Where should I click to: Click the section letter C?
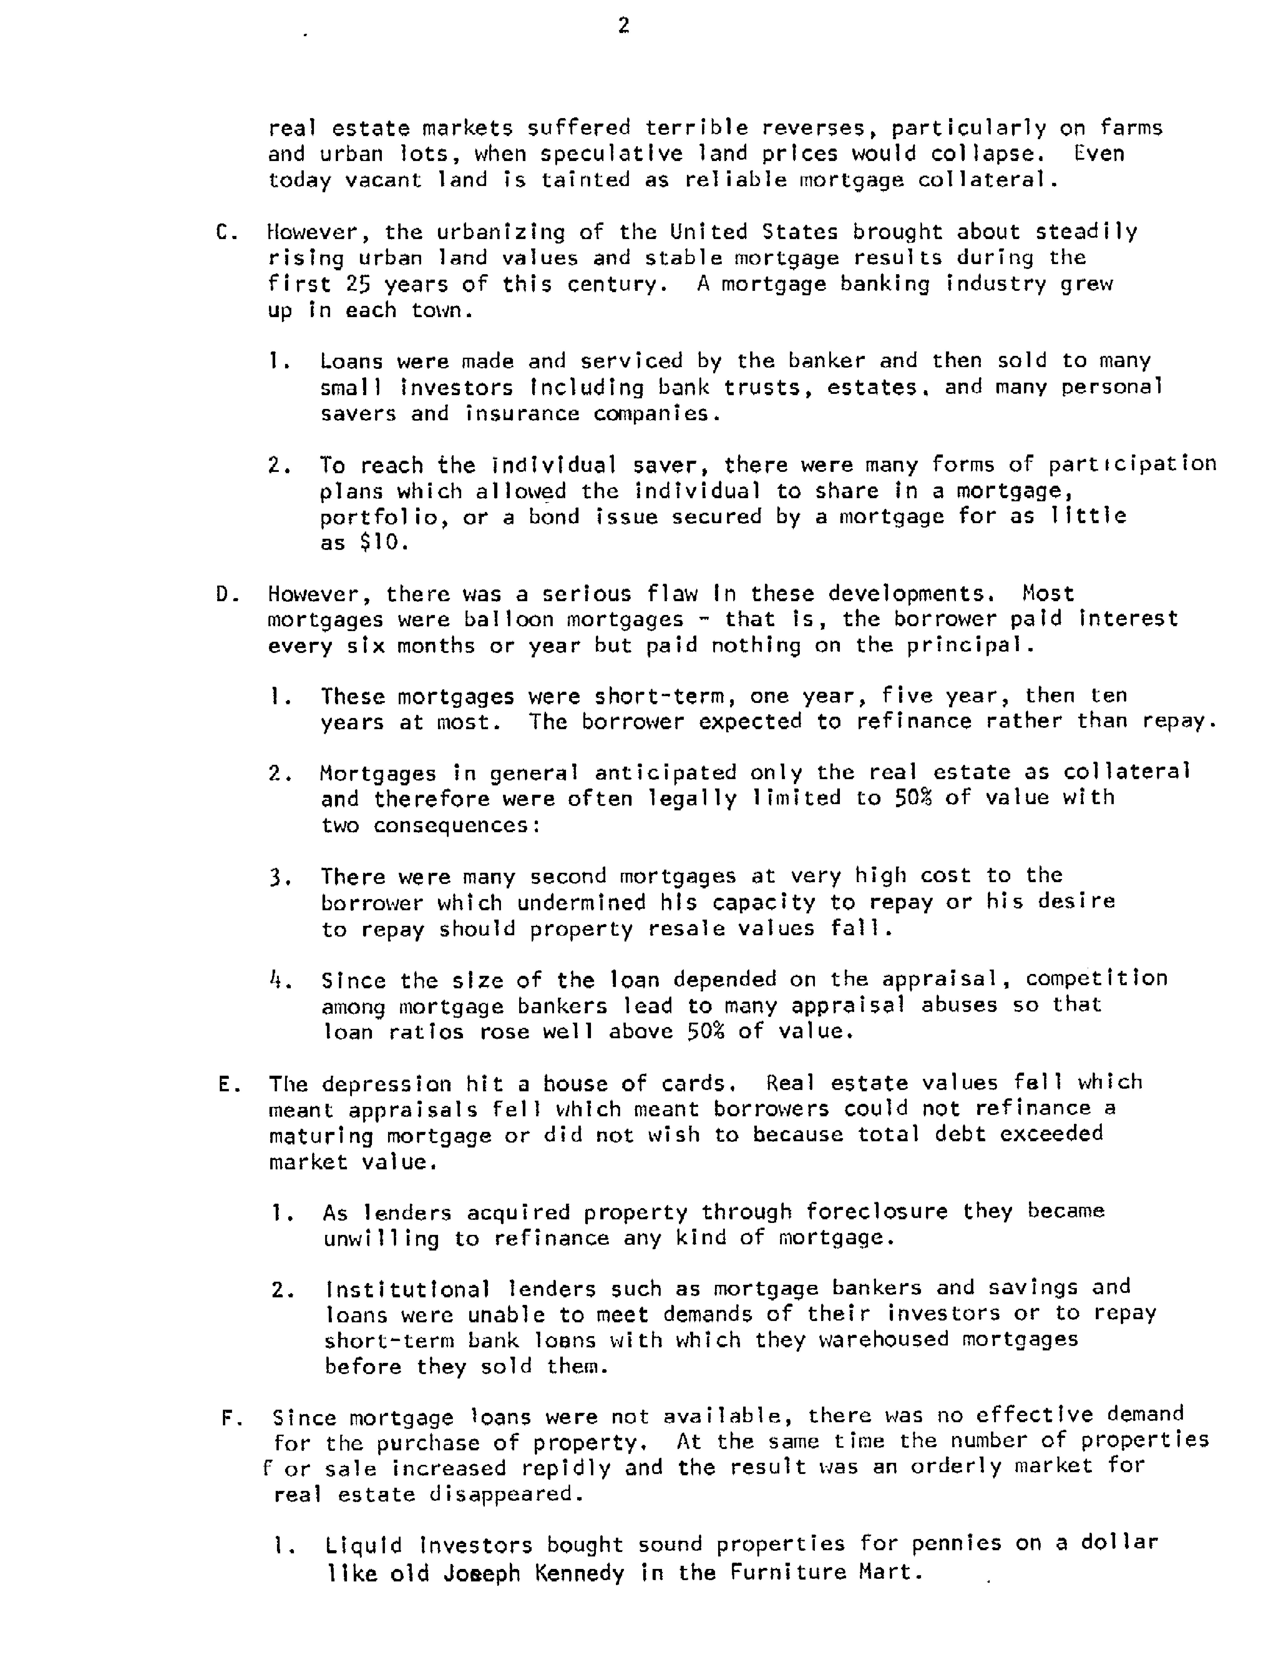(226, 232)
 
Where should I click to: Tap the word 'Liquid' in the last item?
(363, 1545)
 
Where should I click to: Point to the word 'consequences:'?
(456, 825)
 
